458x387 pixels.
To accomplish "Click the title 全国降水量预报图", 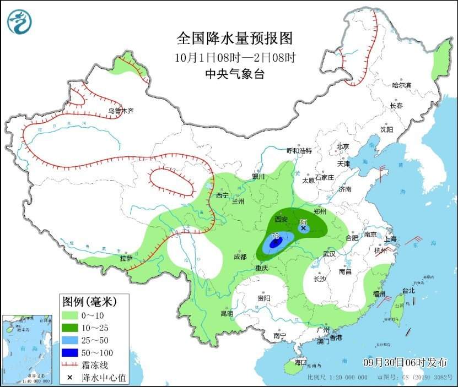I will (234, 39).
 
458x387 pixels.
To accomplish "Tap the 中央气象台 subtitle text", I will (234, 75).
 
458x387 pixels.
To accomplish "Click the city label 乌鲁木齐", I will (121, 111).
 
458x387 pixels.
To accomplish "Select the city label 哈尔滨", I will (401, 85).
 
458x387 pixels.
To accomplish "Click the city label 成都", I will (240, 257).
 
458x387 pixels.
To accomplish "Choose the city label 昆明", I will (227, 313).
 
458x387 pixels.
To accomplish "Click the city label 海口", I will (300, 363).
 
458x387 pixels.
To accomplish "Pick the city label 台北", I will (408, 290).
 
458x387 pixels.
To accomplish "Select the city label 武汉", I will (329, 254).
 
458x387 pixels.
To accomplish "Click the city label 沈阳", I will (386, 129).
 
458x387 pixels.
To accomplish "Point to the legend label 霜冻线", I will (95, 365).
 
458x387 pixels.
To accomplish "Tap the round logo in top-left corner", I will (20, 21).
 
